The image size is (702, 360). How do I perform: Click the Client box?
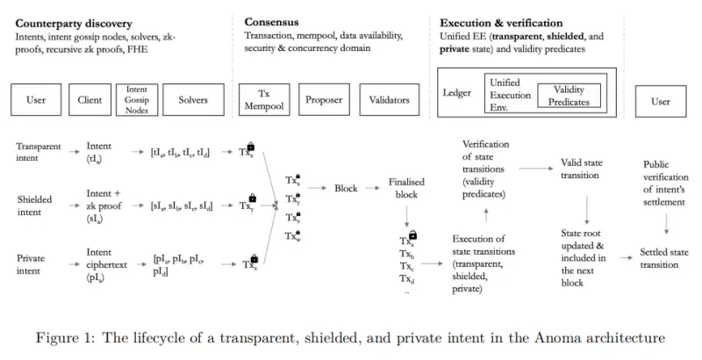coord(90,100)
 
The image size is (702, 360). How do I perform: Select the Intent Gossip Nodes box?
coord(136,100)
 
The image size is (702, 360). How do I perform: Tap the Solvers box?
coord(192,100)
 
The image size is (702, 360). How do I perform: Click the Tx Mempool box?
coord(265,100)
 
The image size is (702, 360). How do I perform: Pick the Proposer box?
coord(324,100)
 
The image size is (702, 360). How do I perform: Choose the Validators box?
coord(383,100)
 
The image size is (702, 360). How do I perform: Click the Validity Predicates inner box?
coord(569,96)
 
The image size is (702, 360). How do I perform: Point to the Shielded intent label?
coord(36,205)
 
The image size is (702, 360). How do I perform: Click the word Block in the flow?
coord(346,189)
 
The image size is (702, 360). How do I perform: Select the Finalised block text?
coord(405,189)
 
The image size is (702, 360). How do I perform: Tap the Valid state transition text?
coord(580,169)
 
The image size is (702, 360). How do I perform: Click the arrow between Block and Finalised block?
coord(371,189)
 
